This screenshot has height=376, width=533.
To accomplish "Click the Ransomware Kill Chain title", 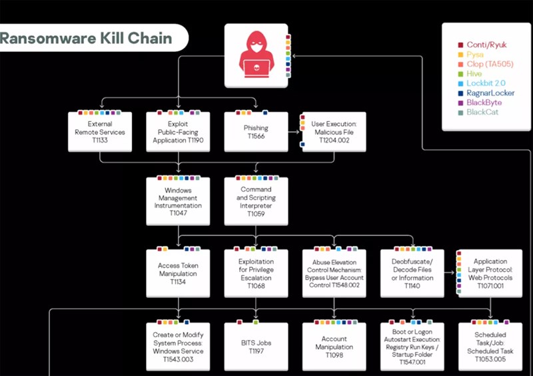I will click(x=86, y=38).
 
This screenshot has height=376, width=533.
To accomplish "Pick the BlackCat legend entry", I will click(x=484, y=112).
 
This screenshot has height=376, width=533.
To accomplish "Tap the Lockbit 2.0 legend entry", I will click(x=486, y=83).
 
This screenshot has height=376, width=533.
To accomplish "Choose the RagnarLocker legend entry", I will click(x=490, y=93).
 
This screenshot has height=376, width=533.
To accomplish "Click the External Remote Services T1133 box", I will click(x=99, y=132).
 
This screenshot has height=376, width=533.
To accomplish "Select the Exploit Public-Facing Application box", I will click(x=178, y=132).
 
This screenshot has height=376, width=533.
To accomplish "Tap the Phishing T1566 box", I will click(x=256, y=132).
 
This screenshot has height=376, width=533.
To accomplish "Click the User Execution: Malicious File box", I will click(x=335, y=132).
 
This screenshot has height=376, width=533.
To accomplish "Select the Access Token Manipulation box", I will click(x=178, y=273).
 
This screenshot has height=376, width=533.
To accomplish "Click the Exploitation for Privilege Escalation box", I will click(x=256, y=273).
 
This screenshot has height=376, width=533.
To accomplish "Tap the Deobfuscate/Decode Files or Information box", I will click(x=412, y=273).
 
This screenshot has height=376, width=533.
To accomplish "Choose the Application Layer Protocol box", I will click(x=491, y=273).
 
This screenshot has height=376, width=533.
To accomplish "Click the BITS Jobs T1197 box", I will click(x=256, y=347).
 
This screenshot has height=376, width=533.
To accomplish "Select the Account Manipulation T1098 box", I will click(x=334, y=347).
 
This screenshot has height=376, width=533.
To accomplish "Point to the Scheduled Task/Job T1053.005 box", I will click(x=491, y=347).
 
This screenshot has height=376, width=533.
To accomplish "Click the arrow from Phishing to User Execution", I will click(x=293, y=132).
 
